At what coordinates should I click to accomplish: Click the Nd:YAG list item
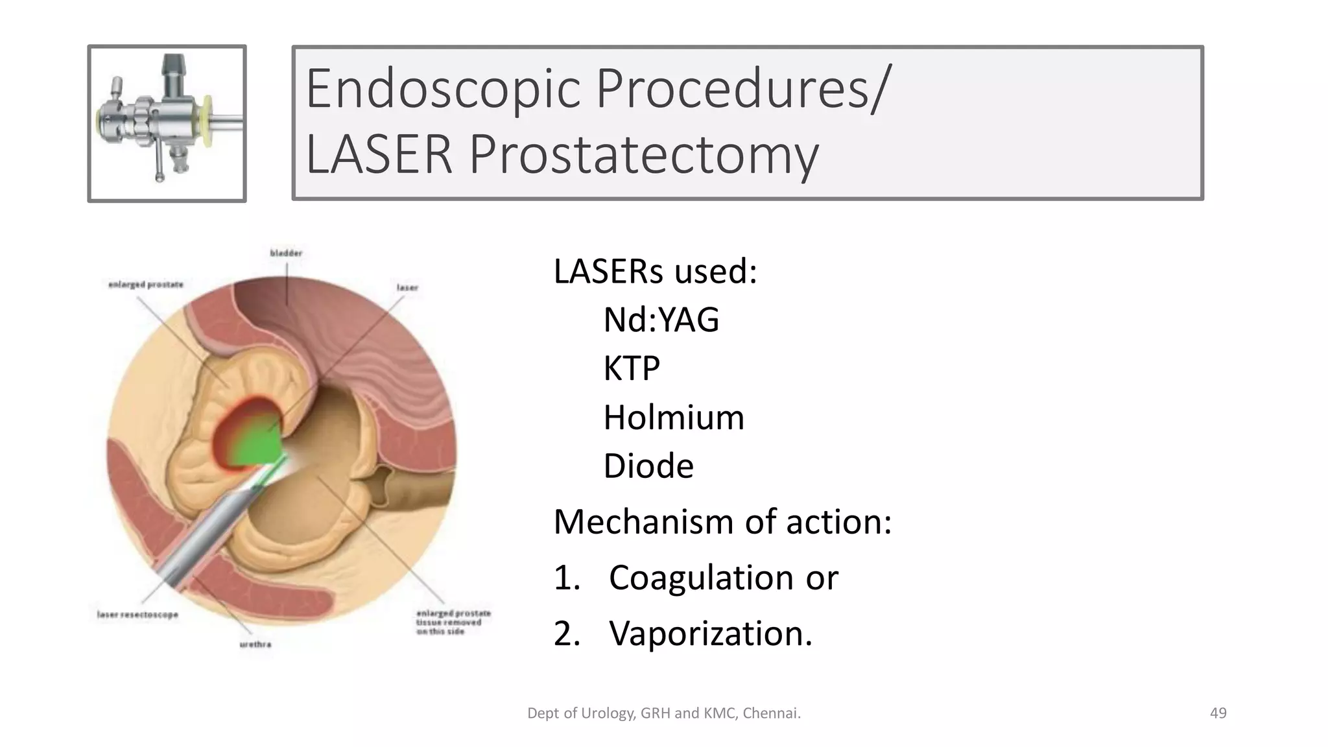point(661,320)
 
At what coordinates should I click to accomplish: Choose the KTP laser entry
point(631,369)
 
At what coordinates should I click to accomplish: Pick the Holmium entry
point(673,418)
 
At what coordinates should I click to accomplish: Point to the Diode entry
point(648,466)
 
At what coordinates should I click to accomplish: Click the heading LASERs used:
point(655,271)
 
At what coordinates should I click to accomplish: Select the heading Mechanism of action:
point(722,522)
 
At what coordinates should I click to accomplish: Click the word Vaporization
point(710,634)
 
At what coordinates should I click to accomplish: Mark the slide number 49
point(1218,713)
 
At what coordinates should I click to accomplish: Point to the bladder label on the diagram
point(286,253)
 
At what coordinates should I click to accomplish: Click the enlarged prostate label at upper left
point(146,285)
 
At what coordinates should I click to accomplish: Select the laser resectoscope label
point(137,614)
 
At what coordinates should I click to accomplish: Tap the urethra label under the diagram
point(255,644)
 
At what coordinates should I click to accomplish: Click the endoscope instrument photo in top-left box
point(167,123)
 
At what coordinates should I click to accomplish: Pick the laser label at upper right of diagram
point(407,287)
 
